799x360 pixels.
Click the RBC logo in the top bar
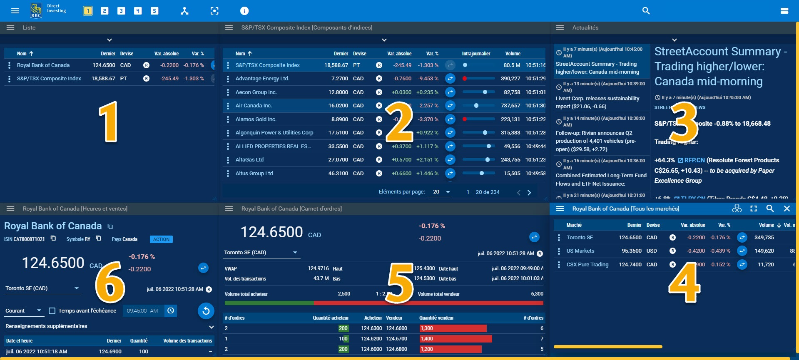click(x=36, y=10)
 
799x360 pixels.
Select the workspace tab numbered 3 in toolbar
click(x=121, y=11)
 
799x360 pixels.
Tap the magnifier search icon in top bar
click(x=646, y=11)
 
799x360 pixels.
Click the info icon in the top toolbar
click(x=244, y=11)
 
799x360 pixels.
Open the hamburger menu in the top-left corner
click(x=15, y=11)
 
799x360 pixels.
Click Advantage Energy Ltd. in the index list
click(x=262, y=79)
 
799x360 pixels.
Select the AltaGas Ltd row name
click(x=249, y=160)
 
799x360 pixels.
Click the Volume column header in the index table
click(x=513, y=54)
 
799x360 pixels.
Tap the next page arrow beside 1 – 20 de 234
click(x=529, y=193)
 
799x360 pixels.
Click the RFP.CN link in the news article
click(x=694, y=160)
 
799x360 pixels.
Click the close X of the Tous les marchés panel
click(x=787, y=209)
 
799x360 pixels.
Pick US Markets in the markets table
click(x=580, y=251)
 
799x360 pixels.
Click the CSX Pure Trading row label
click(x=587, y=265)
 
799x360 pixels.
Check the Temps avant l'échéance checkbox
click(x=52, y=311)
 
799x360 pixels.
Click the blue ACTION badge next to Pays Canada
click(x=161, y=239)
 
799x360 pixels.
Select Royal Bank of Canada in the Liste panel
click(x=43, y=65)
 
